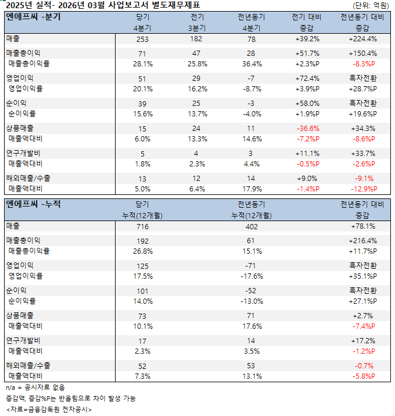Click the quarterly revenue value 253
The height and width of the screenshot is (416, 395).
pyautogui.click(x=142, y=39)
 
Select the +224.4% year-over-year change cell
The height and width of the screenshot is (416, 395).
pyautogui.click(x=362, y=39)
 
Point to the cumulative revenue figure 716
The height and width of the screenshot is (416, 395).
pyautogui.click(x=142, y=226)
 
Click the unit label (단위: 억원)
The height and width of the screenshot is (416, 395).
pyautogui.click(x=371, y=5)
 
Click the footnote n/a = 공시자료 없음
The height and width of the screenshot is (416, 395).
pyautogui.click(x=35, y=387)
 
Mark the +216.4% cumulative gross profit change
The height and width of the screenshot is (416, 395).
pyautogui.click(x=362, y=240)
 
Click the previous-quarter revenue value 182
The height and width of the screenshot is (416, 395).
pyautogui.click(x=198, y=39)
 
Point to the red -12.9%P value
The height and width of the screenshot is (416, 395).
pyautogui.click(x=362, y=189)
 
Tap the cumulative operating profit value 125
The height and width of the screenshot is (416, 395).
pyautogui.click(x=142, y=265)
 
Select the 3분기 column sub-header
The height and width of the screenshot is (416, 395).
pyautogui.click(x=198, y=27)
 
